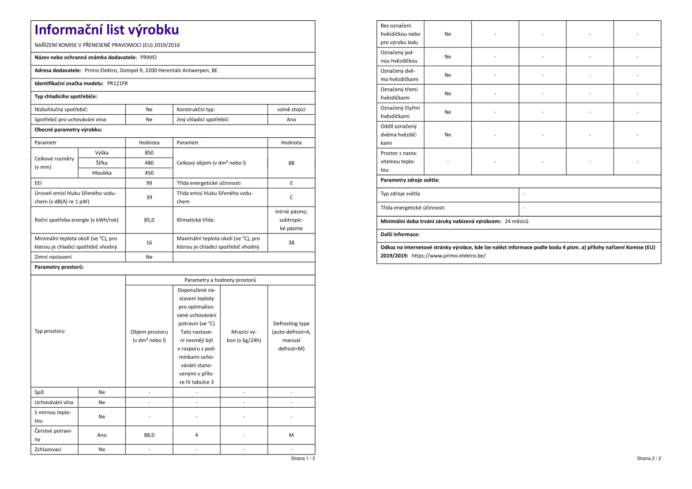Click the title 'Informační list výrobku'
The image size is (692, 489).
[107, 30]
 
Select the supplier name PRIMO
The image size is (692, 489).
[148, 58]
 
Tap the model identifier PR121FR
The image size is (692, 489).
[118, 83]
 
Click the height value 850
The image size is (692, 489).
[149, 153]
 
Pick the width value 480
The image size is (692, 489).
[149, 163]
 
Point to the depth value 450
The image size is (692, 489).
[149, 172]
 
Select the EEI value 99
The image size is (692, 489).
[149, 183]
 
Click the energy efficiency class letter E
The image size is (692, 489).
[291, 183]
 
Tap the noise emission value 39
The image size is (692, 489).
[149, 197]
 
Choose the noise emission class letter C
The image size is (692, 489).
[291, 197]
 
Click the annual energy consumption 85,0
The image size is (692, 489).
[149, 220]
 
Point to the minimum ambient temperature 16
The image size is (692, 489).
[149, 243]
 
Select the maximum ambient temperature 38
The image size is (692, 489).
[291, 243]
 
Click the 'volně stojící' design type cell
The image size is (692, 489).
[291, 109]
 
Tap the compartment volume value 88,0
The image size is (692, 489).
[149, 435]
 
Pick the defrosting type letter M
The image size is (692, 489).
[291, 435]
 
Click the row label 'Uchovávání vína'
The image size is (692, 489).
[54, 402]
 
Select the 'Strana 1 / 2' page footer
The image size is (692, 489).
[303, 458]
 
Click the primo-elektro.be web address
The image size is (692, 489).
[448, 255]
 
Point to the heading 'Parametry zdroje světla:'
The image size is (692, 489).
[409, 180]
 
